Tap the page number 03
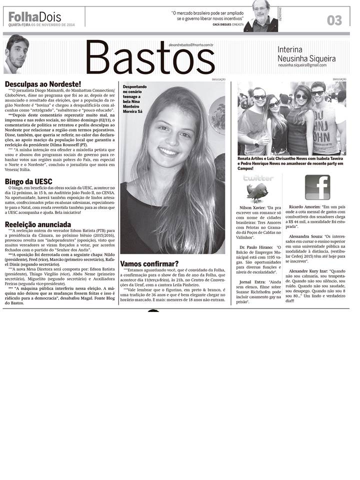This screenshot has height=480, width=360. point(334,19)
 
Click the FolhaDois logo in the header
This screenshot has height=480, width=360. point(34,16)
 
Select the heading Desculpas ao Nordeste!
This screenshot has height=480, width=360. point(42,84)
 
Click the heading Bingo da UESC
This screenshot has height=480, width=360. point(28,181)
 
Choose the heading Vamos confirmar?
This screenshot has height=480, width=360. point(149,263)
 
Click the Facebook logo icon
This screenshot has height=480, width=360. point(317,187)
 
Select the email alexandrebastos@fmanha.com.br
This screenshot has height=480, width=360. point(191,44)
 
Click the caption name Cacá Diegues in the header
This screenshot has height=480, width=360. point(223,24)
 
